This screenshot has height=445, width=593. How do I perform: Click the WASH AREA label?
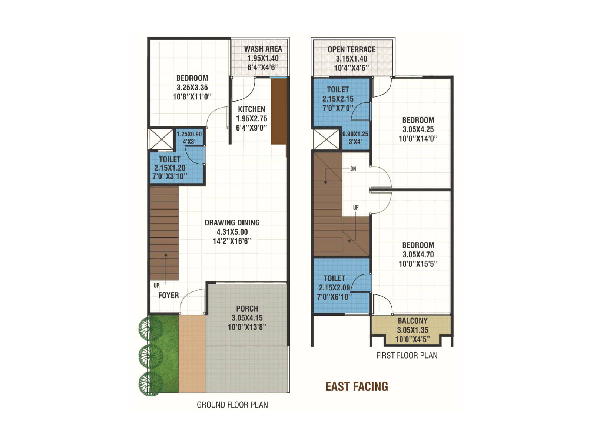pos(263,49)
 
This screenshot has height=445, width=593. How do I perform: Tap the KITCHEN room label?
pos(251,109)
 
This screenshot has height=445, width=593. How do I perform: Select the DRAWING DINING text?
pos(232,223)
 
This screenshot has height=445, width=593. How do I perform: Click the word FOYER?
pos(168,296)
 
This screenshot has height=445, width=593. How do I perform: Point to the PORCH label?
pos(247,309)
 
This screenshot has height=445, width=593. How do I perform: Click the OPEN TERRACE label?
pos(351,50)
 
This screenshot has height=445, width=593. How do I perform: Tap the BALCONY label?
pos(413,321)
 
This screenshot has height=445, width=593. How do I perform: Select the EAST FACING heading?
pos(357,387)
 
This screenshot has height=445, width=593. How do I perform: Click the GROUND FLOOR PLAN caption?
pos(232,405)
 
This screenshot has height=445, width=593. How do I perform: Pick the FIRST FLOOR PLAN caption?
pos(407,356)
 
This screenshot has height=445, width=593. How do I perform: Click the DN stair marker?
pos(353,169)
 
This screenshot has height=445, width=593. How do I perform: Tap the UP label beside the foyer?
pos(156,286)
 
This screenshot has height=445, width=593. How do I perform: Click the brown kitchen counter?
pos(279,111)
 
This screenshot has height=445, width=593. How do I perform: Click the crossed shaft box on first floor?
pos(326,139)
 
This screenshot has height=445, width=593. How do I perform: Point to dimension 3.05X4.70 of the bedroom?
pos(418,255)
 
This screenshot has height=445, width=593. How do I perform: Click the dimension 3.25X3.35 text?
pos(192,88)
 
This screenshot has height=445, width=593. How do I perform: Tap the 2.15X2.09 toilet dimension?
pos(334,288)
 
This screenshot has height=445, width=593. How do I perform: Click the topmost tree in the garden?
pos(150,327)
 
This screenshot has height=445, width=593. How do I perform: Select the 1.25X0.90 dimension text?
pos(189,135)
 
